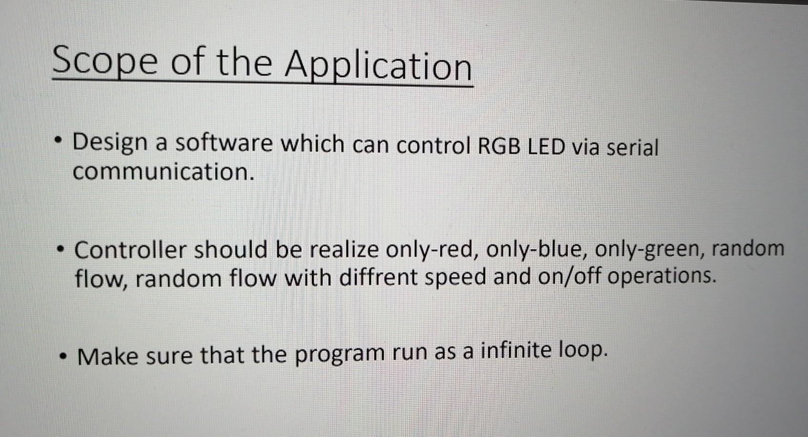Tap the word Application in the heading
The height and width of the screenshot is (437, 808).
378,66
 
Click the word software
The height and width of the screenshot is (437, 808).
223,143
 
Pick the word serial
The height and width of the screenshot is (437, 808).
632,147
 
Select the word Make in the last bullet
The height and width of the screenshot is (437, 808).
107,357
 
